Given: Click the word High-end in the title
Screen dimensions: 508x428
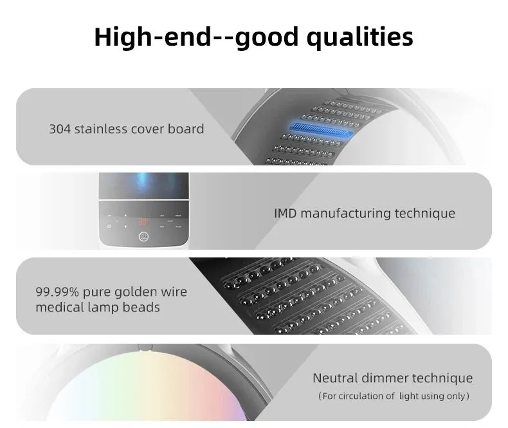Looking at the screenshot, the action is coord(152,37).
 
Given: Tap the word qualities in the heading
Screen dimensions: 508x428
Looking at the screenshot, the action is coord(360,37).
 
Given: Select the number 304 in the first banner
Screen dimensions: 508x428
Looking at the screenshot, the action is coord(60,129).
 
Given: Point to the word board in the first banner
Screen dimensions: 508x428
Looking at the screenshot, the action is coord(186,129).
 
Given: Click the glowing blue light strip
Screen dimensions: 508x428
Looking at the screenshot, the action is coord(321,129).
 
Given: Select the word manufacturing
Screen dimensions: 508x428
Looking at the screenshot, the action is coord(345,214).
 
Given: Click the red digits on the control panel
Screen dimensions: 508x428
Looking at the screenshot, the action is coord(143,222).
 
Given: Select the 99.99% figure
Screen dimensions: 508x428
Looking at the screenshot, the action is coord(57,292).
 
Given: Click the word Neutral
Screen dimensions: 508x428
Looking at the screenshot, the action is coord(335,378).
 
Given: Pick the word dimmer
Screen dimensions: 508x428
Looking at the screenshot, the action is coord(385,378).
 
